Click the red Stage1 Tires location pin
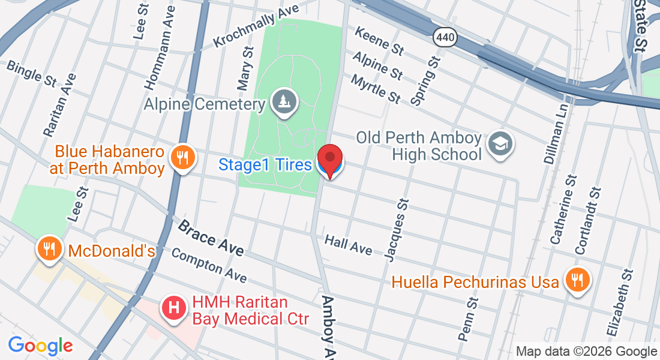(x=329, y=160)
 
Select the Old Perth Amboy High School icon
(x=499, y=144)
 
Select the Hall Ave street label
(x=348, y=245)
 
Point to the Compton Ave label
(x=209, y=266)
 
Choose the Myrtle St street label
(x=376, y=88)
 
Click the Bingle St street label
(x=32, y=73)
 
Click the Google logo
(x=40, y=345)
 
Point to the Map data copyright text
(x=586, y=352)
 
